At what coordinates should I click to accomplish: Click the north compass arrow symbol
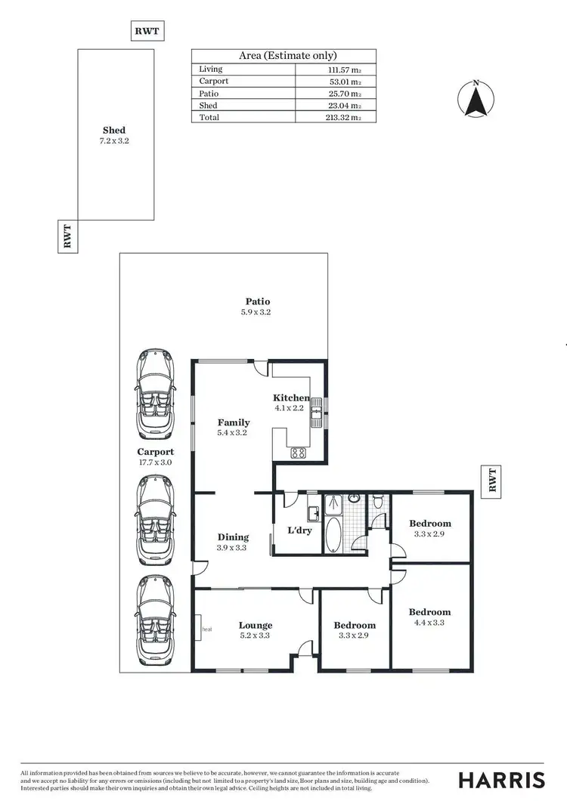476,100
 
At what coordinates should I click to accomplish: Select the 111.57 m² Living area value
340,70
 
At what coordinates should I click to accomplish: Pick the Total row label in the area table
209,117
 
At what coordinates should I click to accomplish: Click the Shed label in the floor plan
114,130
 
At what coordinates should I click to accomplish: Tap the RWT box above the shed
147,31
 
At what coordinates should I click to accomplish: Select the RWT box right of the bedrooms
491,481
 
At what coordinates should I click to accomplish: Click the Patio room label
256,302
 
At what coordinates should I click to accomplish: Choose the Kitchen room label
291,398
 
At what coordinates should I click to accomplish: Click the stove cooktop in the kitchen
299,453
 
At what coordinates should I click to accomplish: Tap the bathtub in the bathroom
333,535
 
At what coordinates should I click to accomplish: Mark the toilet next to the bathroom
377,502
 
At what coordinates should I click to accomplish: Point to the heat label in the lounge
206,628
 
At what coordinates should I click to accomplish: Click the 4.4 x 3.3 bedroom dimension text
429,623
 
